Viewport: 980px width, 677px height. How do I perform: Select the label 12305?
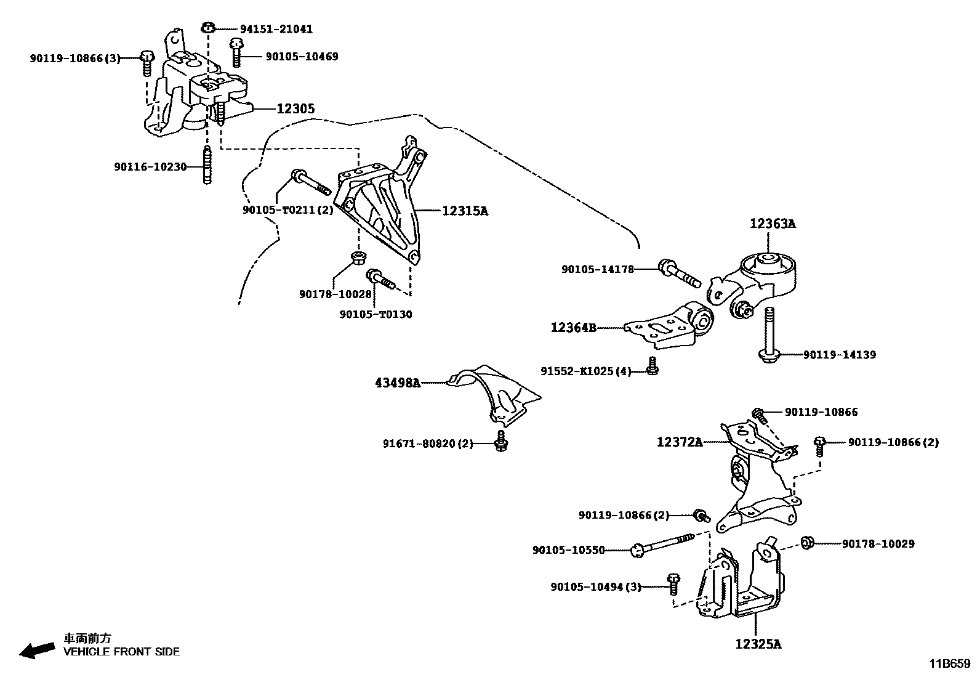295,108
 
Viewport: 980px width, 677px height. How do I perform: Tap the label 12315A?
465,211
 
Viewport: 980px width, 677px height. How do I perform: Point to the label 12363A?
772,224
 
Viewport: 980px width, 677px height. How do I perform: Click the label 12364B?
573,328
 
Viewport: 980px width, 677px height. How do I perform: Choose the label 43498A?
398,383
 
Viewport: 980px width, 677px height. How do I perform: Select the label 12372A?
680,442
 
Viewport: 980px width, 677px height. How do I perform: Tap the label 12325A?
758,644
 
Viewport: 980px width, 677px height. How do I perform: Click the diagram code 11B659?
950,663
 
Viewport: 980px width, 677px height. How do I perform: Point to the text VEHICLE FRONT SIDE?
122,651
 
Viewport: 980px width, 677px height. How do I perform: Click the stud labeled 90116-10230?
207,165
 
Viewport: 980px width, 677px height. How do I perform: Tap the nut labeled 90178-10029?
808,543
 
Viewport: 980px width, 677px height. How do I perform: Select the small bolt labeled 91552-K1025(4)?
653,366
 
